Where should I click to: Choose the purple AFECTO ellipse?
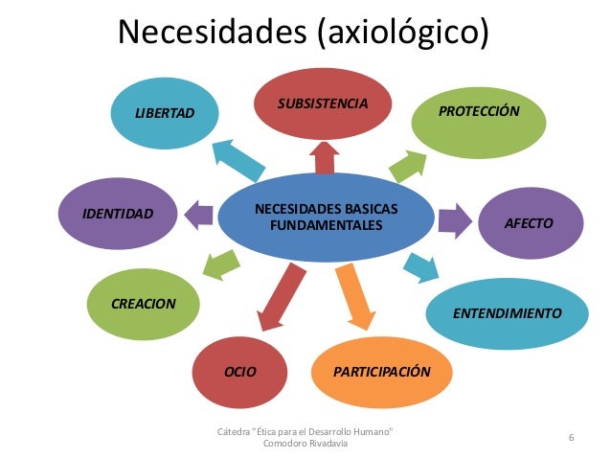530,223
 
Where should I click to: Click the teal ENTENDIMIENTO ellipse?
508,311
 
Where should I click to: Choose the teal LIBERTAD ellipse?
164,113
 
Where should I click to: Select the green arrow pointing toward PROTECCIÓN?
407,164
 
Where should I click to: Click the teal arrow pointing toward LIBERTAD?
234,158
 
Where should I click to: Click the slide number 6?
571,438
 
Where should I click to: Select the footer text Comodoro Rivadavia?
306,444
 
